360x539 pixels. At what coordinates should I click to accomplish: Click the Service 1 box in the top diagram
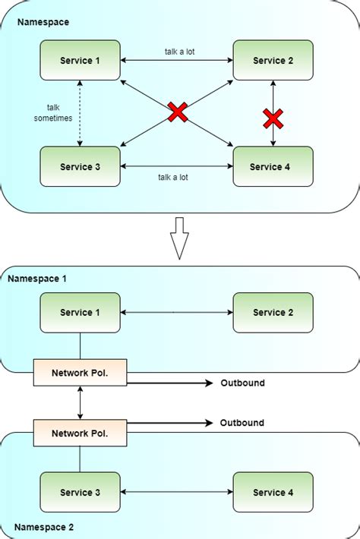click(81, 60)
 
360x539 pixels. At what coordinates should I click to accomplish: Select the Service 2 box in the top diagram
click(273, 60)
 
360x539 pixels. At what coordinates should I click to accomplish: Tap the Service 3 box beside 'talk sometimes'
click(81, 167)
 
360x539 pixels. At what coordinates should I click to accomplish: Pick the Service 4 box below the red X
click(273, 167)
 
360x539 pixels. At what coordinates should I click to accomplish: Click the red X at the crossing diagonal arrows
click(177, 113)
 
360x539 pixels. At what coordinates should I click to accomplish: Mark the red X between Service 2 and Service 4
click(273, 118)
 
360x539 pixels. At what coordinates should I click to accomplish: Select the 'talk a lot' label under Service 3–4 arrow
click(173, 177)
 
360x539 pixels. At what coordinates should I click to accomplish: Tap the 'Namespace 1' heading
click(37, 279)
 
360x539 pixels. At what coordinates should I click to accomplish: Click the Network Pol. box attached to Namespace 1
click(81, 373)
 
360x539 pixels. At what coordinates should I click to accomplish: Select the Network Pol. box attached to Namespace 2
click(81, 433)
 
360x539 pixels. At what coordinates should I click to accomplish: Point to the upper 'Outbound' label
click(242, 383)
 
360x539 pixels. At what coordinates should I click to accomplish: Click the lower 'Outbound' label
click(242, 422)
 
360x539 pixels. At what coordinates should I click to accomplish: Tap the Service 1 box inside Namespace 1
click(81, 312)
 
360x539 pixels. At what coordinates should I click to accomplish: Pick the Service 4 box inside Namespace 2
click(273, 493)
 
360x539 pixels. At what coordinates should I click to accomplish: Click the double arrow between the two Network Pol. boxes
click(81, 402)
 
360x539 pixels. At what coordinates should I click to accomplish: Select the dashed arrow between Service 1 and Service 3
click(79, 113)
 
